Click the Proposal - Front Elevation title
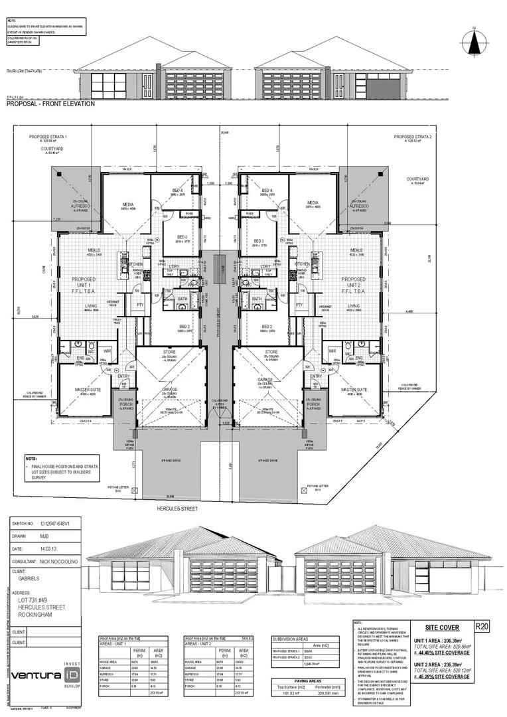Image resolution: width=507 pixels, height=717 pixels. pos(50,104)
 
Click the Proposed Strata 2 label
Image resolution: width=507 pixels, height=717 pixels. pos(413,137)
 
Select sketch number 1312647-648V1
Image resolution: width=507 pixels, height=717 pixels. pos(58,523)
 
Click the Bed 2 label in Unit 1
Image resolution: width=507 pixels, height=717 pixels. pos(184,327)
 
